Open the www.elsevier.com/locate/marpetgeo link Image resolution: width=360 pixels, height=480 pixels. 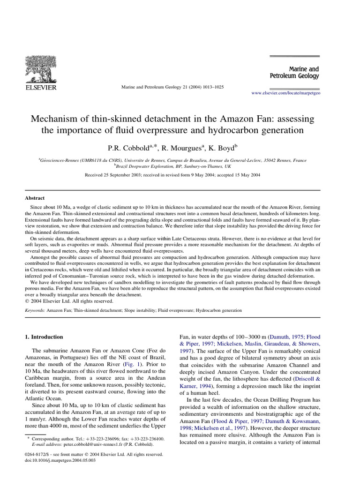coord(285,93)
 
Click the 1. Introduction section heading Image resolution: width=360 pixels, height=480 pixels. coord(45,337)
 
